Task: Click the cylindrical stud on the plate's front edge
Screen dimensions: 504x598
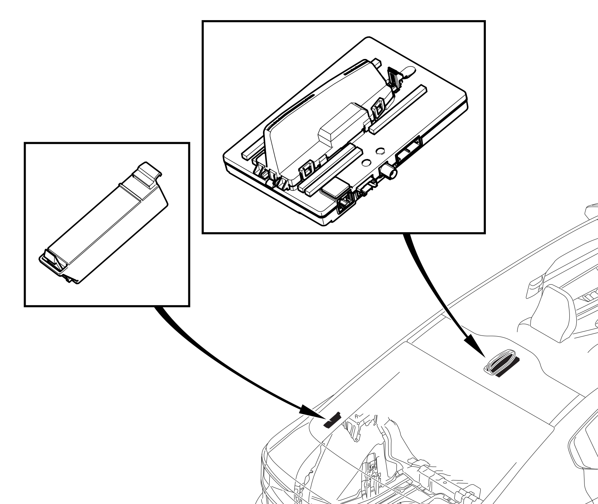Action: click(390, 171)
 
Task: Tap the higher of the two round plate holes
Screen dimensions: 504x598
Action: click(380, 151)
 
